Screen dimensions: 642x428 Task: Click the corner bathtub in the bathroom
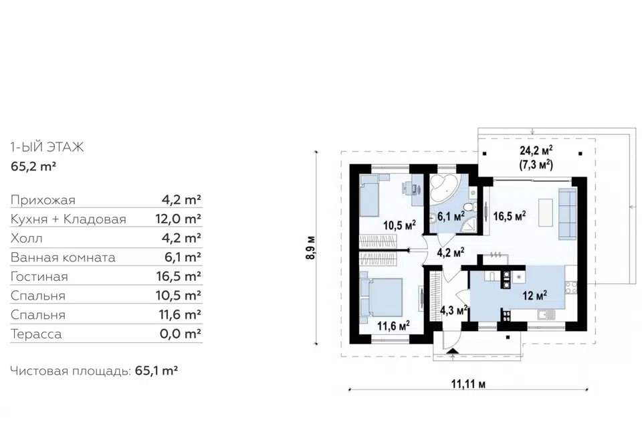(441, 187)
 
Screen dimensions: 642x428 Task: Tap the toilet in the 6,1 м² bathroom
(473, 207)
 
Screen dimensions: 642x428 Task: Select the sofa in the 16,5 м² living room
(568, 214)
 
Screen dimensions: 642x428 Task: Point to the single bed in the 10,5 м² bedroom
(370, 195)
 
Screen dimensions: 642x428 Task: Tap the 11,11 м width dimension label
(468, 384)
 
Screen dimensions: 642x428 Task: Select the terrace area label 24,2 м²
(536, 152)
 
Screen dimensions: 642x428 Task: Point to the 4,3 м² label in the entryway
(453, 310)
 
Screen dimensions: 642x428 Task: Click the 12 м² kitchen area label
(535, 295)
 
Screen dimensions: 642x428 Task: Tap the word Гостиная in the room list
(39, 276)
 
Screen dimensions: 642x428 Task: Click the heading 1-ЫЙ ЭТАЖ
(47, 146)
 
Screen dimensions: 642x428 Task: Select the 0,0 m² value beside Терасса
(181, 334)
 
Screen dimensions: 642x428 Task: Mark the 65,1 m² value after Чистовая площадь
(156, 371)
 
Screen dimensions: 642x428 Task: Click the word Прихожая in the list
(43, 200)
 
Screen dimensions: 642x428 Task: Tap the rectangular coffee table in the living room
(544, 212)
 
